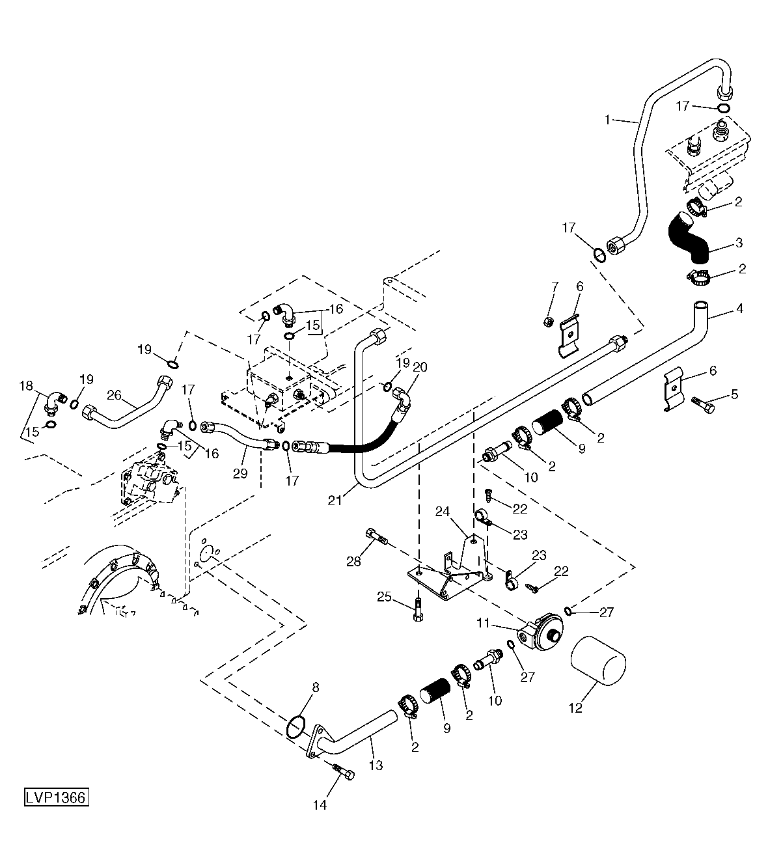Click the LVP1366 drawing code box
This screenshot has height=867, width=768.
coord(57,797)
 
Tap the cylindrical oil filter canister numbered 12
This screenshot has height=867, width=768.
coord(598,661)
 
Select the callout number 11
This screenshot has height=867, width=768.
coord(483,624)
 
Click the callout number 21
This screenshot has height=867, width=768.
coord(335,501)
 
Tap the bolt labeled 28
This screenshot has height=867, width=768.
coord(376,536)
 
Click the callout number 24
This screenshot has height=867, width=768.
coord(443,511)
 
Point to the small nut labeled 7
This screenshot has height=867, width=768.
coord(547,322)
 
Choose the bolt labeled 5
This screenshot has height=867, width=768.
coord(703,406)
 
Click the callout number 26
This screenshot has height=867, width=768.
coord(115,395)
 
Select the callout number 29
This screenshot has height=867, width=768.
coord(240,474)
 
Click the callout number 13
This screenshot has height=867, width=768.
coord(376,753)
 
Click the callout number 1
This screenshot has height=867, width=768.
coord(607,120)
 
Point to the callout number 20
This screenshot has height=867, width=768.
coord(420,366)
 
